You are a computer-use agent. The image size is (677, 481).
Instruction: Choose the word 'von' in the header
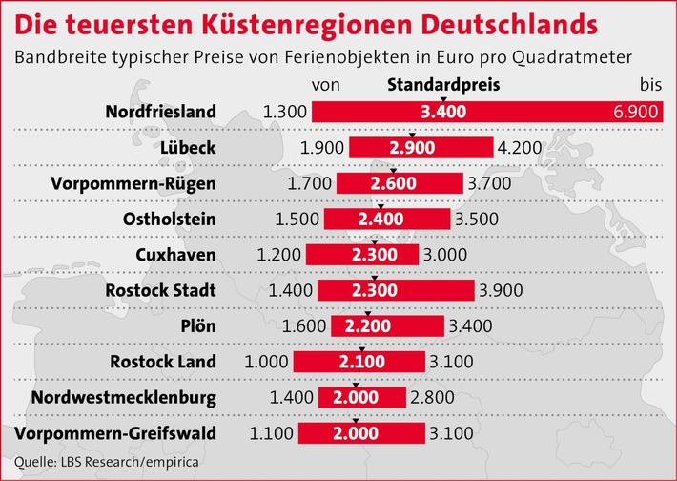pyautogui.click(x=326, y=84)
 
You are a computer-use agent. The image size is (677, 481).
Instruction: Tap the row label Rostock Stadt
pyautogui.click(x=162, y=290)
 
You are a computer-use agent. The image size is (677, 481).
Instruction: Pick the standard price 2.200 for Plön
pyautogui.click(x=368, y=326)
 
